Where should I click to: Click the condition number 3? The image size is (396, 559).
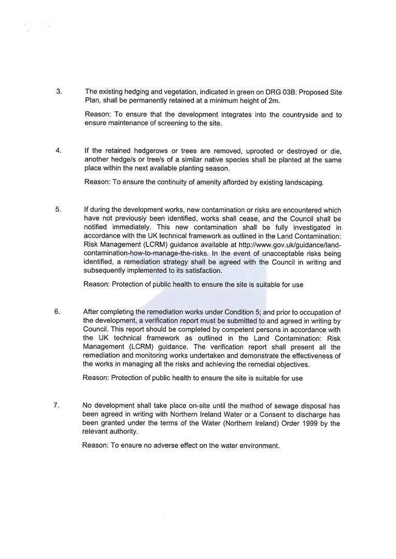[59, 92]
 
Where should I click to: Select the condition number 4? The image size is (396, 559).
[59, 151]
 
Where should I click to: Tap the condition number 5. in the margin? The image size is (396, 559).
[58, 210]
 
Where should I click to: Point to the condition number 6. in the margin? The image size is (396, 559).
[57, 312]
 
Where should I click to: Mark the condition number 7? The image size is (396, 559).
[56, 405]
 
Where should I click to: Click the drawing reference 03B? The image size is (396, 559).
[289, 92]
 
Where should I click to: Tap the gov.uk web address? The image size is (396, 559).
[290, 244]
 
